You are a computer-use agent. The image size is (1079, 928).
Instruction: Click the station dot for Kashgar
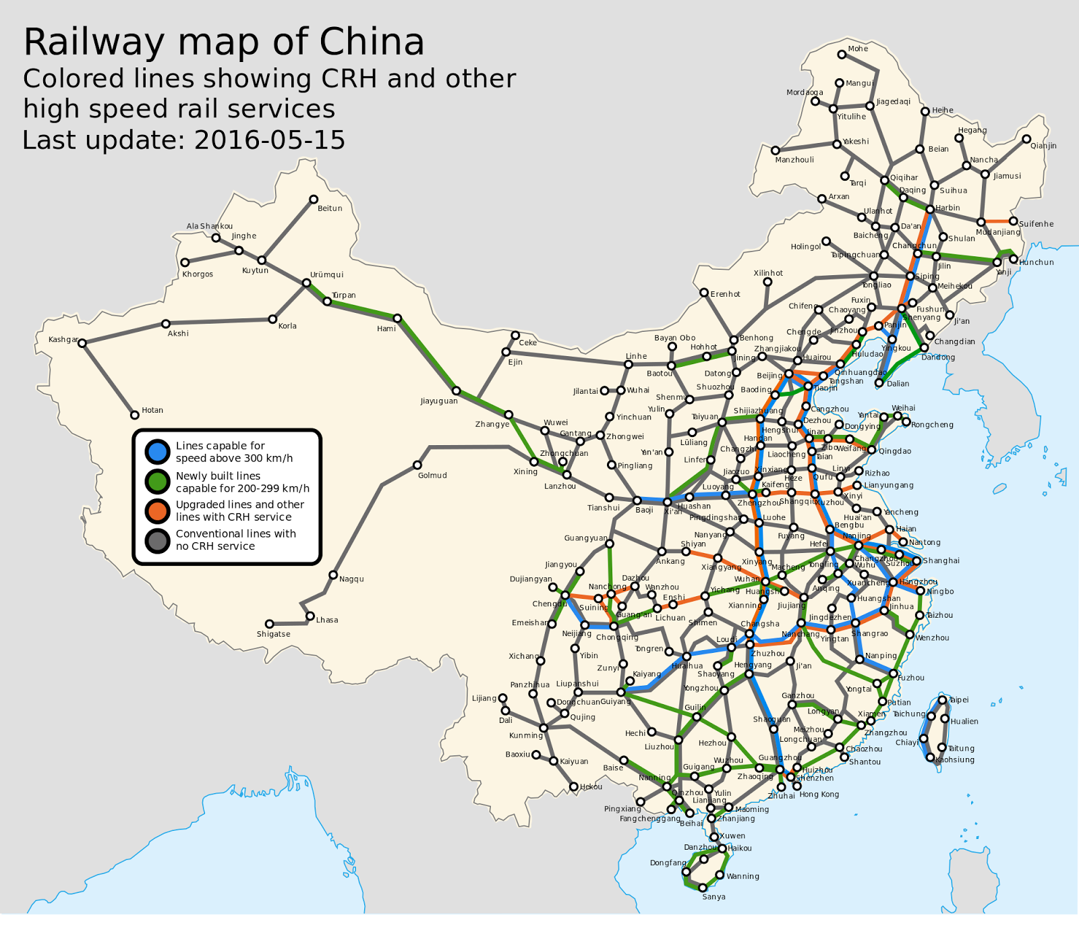pos(82,343)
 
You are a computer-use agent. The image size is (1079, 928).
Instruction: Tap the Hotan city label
pos(152,410)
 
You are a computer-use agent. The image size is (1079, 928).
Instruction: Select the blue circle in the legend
pos(157,451)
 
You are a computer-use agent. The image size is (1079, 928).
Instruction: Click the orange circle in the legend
pos(157,511)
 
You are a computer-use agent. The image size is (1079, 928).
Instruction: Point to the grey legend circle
pos(157,540)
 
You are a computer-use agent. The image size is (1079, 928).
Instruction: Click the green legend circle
pos(157,482)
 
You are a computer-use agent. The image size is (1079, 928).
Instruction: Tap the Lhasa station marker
pos(310,616)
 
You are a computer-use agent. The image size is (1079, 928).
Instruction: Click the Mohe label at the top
pos(858,49)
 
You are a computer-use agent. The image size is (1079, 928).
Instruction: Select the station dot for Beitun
pos(314,199)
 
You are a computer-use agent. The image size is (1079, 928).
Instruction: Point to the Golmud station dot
pos(417,465)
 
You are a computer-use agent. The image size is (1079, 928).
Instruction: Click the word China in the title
pos(372,42)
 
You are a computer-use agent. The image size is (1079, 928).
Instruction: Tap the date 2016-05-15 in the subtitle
pos(269,140)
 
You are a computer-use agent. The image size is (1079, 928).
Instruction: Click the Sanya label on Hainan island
pos(713,897)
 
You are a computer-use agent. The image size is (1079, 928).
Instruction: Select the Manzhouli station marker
pos(776,150)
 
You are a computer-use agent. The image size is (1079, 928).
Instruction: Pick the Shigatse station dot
pos(269,624)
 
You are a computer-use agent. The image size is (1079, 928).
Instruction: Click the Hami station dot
pos(398,318)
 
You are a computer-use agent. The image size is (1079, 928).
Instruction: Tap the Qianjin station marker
pos(1026,139)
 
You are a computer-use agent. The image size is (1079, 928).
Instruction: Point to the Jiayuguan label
pos(439,401)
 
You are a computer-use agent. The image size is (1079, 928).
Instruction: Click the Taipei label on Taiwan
pos(959,700)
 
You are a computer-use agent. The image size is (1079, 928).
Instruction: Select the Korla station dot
pos(272,319)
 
